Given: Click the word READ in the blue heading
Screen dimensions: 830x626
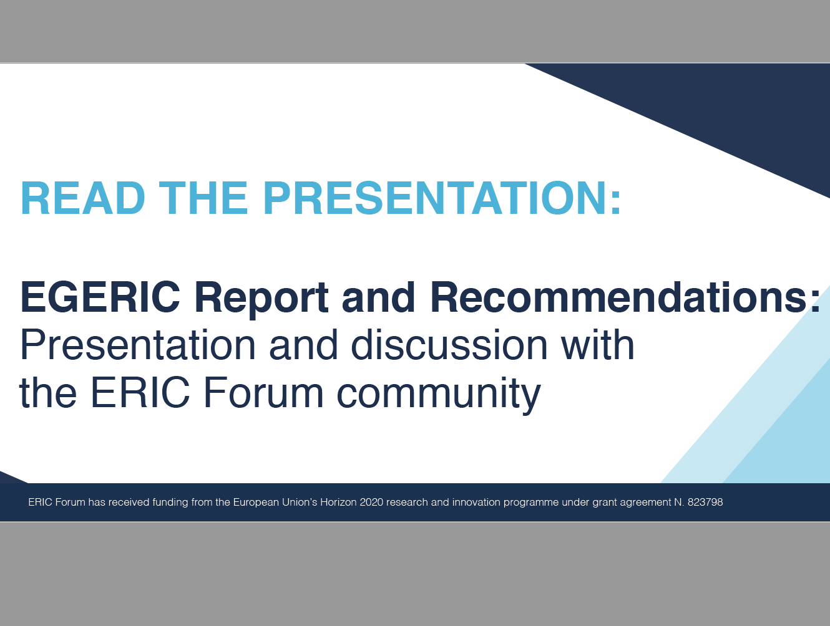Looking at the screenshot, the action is click(83, 198).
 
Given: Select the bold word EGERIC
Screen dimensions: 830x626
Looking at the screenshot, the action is click(100, 297).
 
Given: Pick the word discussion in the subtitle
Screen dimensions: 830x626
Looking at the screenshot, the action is click(449, 345).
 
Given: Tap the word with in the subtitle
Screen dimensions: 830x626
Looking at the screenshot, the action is click(597, 345).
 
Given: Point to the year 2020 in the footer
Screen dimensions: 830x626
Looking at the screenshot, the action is click(371, 502).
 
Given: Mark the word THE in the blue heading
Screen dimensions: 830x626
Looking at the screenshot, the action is click(203, 198).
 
